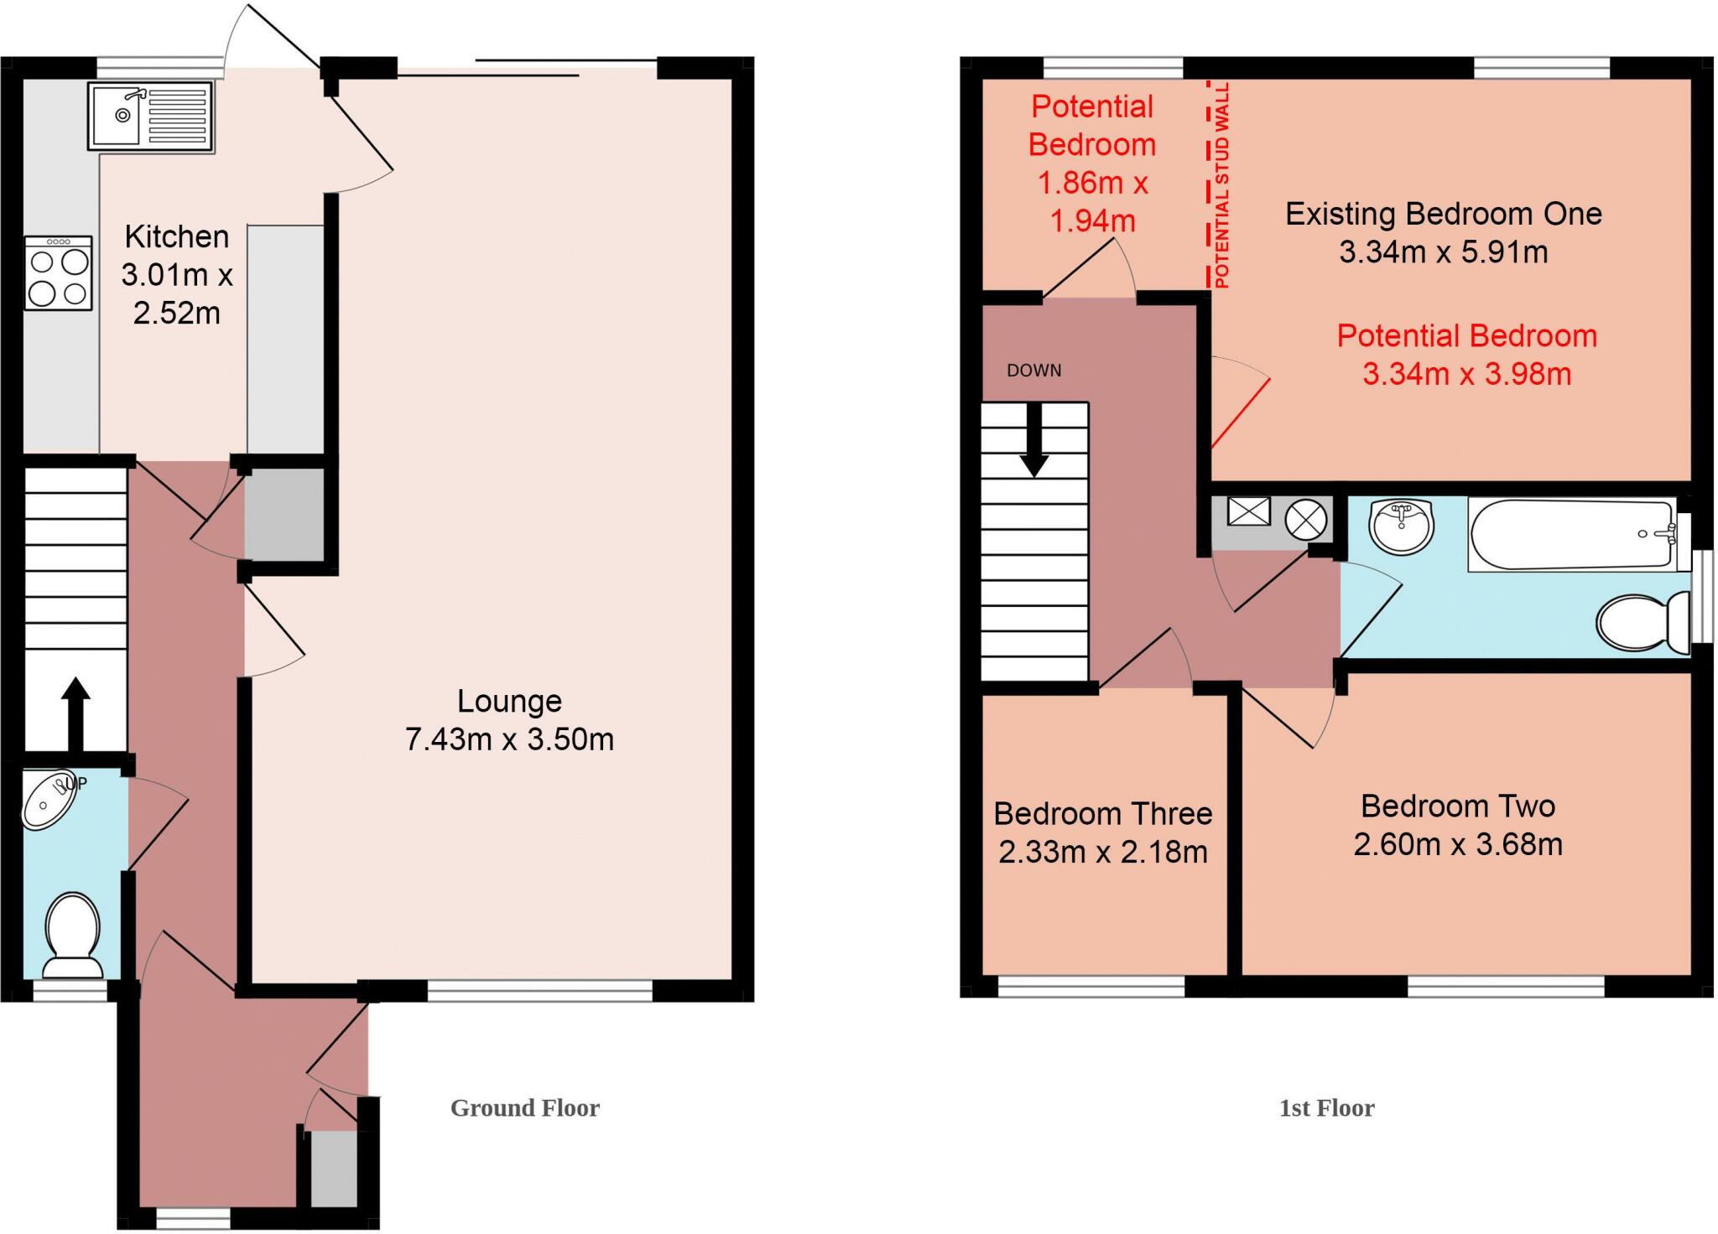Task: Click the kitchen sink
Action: pyautogui.click(x=150, y=117)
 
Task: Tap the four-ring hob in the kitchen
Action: pyautogui.click(x=58, y=273)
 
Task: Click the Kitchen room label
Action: pyautogui.click(x=176, y=237)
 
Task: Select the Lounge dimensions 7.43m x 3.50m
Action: pyautogui.click(x=509, y=739)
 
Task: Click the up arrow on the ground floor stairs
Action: pyautogui.click(x=75, y=713)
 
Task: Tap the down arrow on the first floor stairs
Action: pyautogui.click(x=1033, y=440)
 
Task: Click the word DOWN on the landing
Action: pyautogui.click(x=1033, y=371)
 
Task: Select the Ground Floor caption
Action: pyautogui.click(x=525, y=1108)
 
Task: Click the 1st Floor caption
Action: pyautogui.click(x=1326, y=1108)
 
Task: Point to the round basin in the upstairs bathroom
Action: pyautogui.click(x=1400, y=526)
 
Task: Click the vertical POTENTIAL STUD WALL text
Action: pyautogui.click(x=1221, y=186)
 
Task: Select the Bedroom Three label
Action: pyautogui.click(x=1102, y=814)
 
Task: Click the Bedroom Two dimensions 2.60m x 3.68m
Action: pyautogui.click(x=1457, y=844)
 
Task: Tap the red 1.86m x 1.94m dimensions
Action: pyautogui.click(x=1092, y=202)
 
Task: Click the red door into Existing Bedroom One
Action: pyautogui.click(x=1241, y=412)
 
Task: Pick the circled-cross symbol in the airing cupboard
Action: pyautogui.click(x=1306, y=520)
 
